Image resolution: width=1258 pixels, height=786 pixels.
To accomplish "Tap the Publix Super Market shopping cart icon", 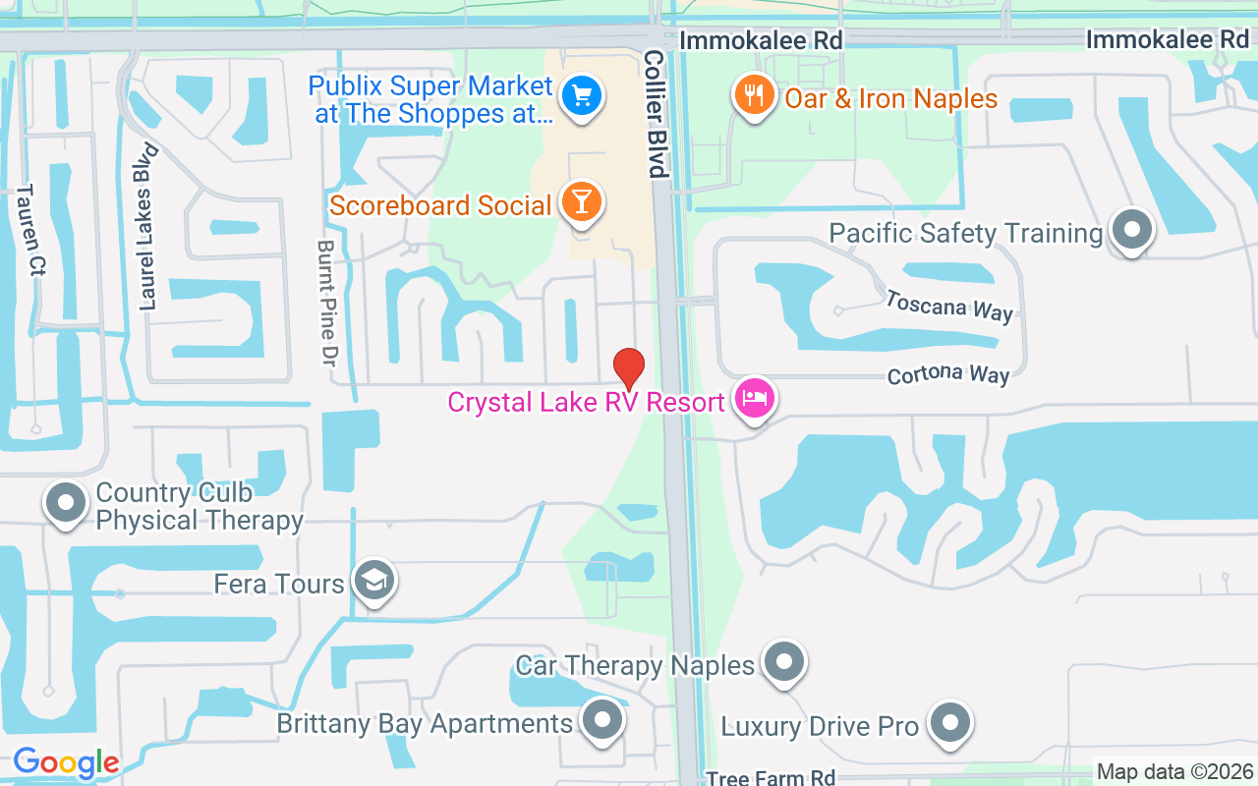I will click(x=581, y=96).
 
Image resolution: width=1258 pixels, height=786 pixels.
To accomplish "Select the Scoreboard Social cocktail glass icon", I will click(x=581, y=201).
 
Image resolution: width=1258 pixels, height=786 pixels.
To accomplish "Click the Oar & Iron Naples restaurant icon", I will click(x=754, y=95).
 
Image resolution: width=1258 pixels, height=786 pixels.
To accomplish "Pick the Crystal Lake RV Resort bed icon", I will click(x=754, y=399).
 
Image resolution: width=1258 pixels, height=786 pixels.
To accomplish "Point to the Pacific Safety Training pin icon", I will click(x=1131, y=230).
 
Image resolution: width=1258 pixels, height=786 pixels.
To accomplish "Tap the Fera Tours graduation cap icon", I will click(x=373, y=581).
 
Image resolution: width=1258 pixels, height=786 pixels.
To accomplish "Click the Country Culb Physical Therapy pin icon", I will click(x=66, y=503).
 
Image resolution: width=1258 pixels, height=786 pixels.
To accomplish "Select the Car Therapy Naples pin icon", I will click(x=783, y=662).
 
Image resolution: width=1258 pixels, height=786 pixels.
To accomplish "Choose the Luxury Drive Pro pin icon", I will click(x=949, y=724).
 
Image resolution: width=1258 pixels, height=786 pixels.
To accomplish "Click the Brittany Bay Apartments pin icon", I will click(x=601, y=721).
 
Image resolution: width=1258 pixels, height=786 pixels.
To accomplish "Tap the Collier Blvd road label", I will click(x=656, y=114).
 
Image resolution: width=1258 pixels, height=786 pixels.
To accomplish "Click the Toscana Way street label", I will click(x=948, y=306).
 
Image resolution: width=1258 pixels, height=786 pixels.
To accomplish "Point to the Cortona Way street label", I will click(x=947, y=375).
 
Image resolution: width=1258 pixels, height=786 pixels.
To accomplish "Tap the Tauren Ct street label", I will click(x=30, y=231).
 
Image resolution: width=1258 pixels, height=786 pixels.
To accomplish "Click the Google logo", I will click(x=66, y=762).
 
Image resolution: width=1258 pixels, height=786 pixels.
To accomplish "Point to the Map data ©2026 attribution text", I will click(x=1174, y=772).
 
